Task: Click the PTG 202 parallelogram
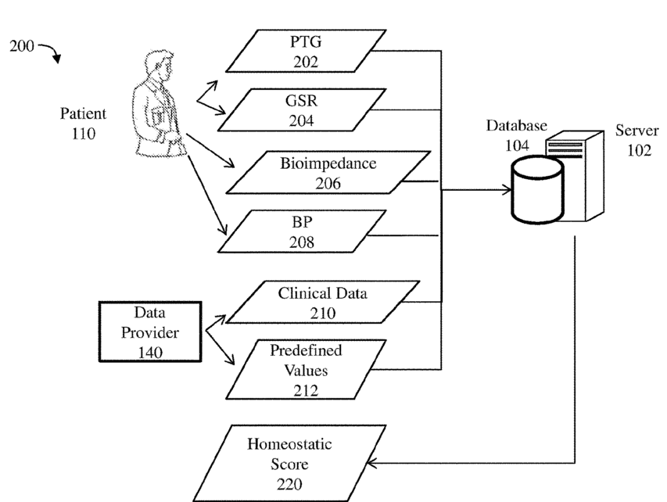coord(306,51)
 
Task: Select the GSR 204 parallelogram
coord(302,109)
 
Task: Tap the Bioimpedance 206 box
coord(328,172)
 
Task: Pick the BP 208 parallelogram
coord(302,231)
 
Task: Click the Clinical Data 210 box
coord(322,302)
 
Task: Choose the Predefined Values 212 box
coord(306,369)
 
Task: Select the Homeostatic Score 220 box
coord(289,463)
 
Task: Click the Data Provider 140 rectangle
coord(150,332)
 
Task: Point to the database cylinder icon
coord(537,190)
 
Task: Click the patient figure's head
coord(161,65)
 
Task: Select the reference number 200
coord(22,45)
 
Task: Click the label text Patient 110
coord(83,124)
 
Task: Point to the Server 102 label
coord(637,140)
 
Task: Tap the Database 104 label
coord(516,134)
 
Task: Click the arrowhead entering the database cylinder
coord(507,190)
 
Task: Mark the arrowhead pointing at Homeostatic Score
coord(371,463)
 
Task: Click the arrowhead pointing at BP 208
coord(223,230)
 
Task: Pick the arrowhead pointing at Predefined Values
coord(229,360)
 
